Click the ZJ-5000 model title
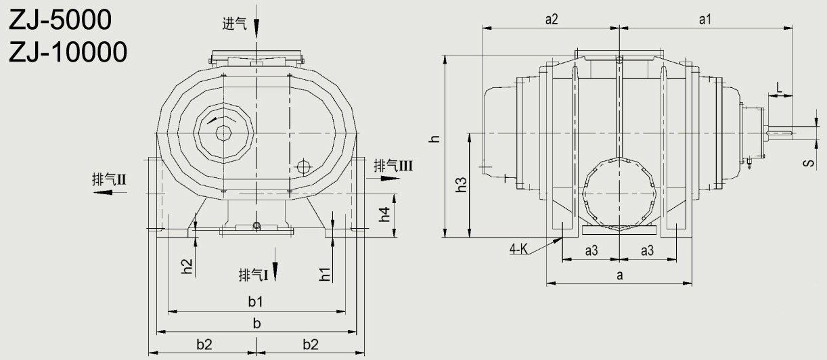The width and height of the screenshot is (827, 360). coord(60,20)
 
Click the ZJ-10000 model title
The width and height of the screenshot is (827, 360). coord(68,51)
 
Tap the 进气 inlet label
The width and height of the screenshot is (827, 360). coord(234,24)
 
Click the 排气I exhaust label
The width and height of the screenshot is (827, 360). coord(254,275)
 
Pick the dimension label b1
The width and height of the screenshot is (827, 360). coord(255,300)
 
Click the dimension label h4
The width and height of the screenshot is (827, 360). coord(385,215)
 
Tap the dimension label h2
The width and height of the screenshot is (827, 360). coord(187,267)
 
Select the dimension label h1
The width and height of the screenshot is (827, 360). coord(326,273)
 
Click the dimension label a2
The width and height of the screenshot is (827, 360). coord(551,20)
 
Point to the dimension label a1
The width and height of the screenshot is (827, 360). coord(705,20)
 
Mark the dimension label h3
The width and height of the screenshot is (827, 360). coord(462,185)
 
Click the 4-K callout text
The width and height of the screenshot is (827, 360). coord(519,250)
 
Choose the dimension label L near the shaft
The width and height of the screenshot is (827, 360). coord(780,87)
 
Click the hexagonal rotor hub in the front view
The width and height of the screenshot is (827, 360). coord(223,132)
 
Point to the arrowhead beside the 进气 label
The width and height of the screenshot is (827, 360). coord(256,28)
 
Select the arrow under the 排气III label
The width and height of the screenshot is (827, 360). coord(388,178)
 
